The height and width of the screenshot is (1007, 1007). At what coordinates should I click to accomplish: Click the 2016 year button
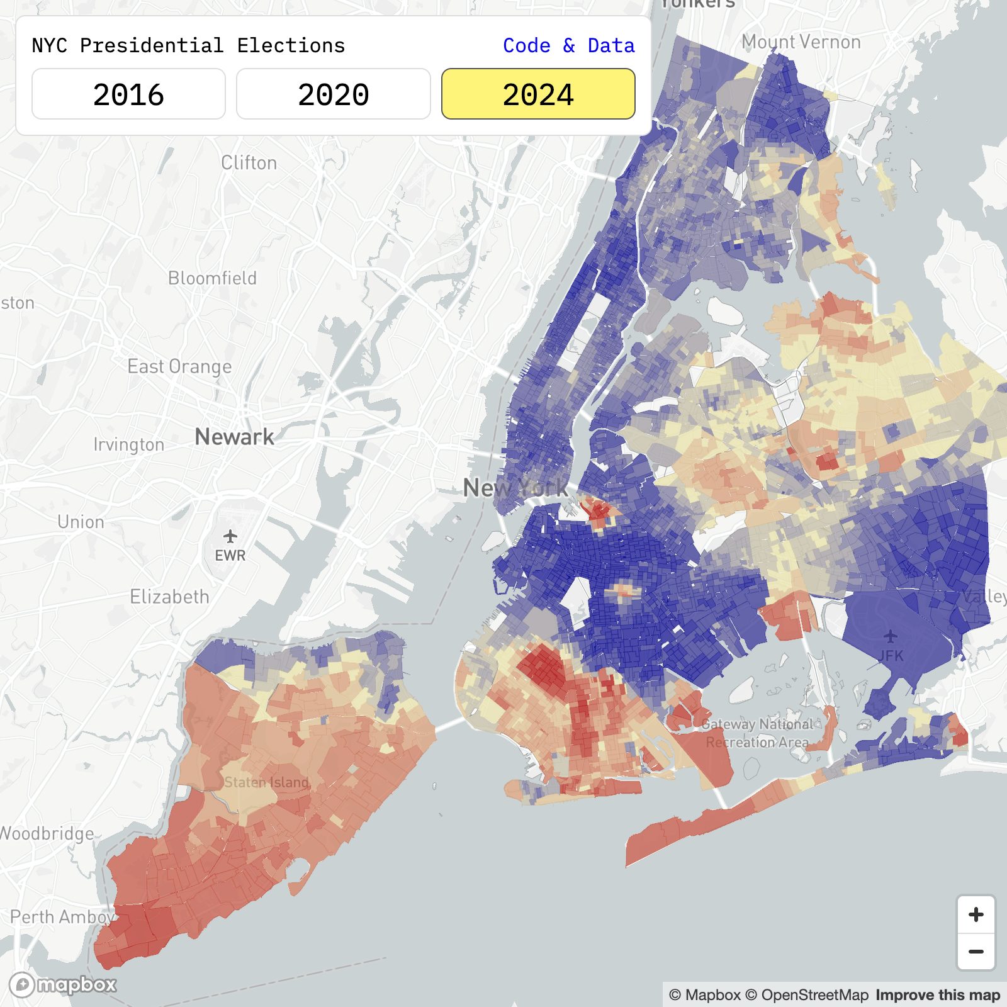point(128,94)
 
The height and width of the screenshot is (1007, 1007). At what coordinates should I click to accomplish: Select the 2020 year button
point(333,94)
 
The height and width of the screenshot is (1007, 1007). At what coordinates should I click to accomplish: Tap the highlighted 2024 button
point(538,94)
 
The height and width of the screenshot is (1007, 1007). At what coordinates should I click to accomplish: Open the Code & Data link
point(568,45)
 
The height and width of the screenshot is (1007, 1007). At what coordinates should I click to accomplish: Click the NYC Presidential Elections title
point(188,45)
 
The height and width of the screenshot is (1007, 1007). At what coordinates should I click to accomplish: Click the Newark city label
point(234,436)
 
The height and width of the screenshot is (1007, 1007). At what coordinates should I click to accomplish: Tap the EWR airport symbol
point(230,536)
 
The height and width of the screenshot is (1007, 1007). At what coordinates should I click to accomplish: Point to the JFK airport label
point(891,656)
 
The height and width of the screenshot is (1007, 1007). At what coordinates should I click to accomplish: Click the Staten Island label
point(266,782)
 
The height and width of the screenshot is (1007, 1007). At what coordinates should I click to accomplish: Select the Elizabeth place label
point(169,597)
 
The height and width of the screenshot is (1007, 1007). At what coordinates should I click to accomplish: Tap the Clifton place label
point(249,163)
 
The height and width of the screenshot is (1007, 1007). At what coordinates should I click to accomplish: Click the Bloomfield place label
point(212,278)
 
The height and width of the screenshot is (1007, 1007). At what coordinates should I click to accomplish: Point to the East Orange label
point(179,366)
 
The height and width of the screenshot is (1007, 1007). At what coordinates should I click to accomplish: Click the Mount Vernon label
point(801,42)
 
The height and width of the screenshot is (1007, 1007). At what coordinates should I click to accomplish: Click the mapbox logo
point(63,984)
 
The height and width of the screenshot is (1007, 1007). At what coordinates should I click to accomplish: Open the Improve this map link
point(937,995)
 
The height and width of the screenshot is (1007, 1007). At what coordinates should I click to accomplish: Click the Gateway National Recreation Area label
point(757,733)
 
